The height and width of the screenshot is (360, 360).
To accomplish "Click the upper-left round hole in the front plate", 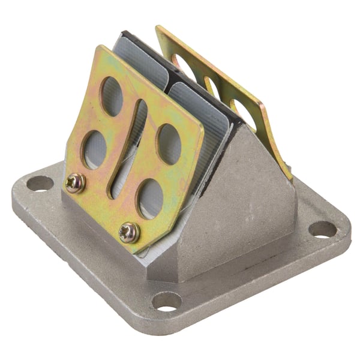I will [x=112, y=95].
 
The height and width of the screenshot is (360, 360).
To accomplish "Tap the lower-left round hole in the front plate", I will [x=95, y=149].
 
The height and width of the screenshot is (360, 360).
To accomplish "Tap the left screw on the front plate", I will [x=75, y=182].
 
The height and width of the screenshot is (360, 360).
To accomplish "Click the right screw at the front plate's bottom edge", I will [x=128, y=232].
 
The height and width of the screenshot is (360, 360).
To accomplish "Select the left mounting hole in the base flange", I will [x=40, y=183].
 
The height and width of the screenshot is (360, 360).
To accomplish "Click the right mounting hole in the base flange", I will [x=322, y=229].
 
